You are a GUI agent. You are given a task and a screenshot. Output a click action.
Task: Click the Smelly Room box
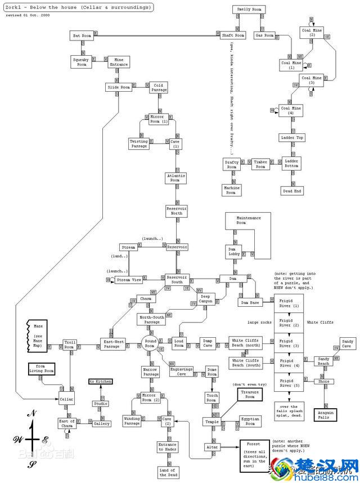249,10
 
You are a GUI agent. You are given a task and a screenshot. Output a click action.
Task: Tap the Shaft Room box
232,35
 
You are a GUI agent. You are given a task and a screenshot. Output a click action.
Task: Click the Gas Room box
264,35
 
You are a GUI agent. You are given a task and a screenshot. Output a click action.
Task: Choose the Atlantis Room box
175,178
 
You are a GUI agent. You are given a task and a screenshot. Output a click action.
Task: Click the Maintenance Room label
249,220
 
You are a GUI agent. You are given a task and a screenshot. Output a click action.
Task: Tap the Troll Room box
70,345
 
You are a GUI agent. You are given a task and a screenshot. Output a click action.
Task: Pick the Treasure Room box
250,395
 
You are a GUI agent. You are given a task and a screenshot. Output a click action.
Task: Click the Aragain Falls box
325,415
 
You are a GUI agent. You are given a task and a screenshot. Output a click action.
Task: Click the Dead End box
292,190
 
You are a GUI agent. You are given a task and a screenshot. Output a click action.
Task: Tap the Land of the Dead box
167,472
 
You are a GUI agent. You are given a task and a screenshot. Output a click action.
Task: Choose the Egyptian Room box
250,421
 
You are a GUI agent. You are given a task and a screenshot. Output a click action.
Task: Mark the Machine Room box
231,190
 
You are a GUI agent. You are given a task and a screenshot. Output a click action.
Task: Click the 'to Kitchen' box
101,382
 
